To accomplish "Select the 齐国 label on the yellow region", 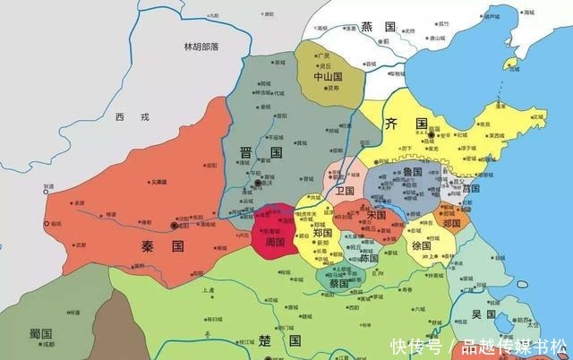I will pos(402,124).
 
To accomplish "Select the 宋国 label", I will pos(375,216).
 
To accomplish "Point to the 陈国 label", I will pos(369,257).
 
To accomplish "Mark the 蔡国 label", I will pos(338,283).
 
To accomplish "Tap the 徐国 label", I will pos(421,245).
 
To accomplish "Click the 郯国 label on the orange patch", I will pos(452,222).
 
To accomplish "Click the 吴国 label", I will pos(483,314).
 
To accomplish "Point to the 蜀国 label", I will pos(39,333).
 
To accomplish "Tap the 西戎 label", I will pos(128,117).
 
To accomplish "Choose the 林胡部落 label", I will pos(202,47).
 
